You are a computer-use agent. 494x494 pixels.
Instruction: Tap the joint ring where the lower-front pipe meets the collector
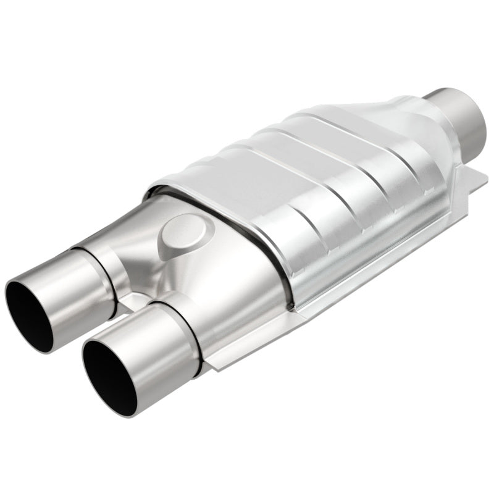[188, 333]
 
